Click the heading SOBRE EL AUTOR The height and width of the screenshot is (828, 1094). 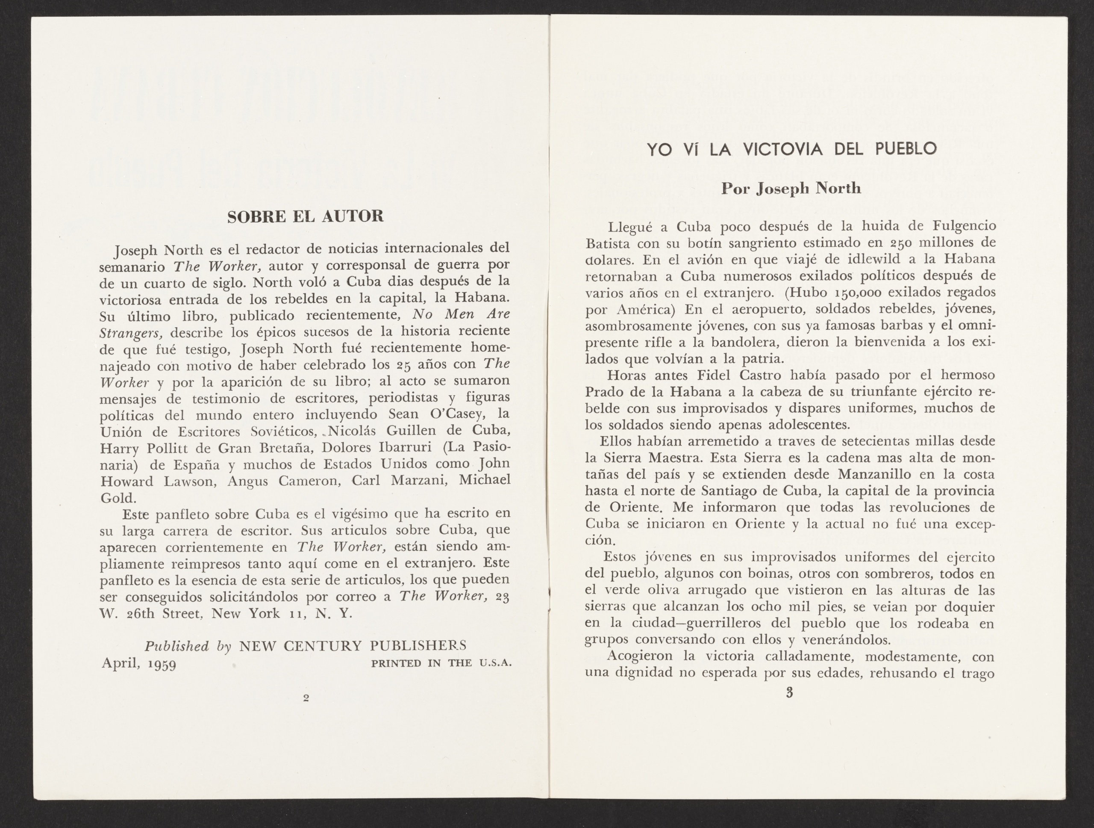click(x=305, y=217)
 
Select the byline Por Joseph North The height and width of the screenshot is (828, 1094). click(x=791, y=189)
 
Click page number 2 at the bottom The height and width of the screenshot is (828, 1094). click(x=306, y=698)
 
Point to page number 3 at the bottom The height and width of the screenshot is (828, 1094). click(x=789, y=693)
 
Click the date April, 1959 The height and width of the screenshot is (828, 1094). click(x=139, y=663)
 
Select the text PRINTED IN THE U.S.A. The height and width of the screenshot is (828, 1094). click(x=441, y=663)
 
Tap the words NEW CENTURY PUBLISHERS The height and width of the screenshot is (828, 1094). click(x=353, y=646)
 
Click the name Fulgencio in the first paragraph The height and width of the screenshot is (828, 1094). click(x=964, y=226)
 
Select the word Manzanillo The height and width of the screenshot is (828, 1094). click(x=874, y=474)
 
